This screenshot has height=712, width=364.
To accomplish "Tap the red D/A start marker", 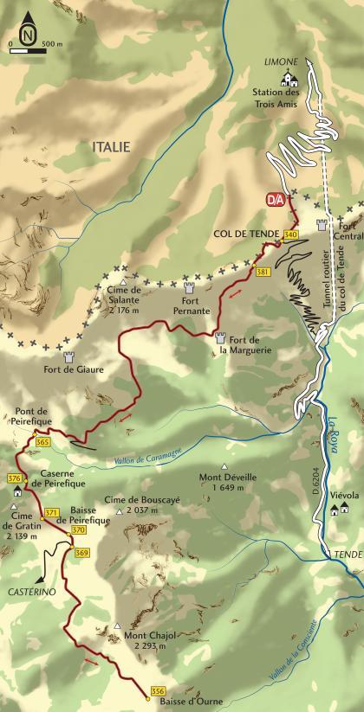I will point(275,200).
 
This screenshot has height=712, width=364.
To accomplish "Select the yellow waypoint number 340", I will point(290,234).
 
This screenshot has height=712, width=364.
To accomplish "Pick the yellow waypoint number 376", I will point(13,478).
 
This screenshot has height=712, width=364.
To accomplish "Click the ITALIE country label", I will point(110,148).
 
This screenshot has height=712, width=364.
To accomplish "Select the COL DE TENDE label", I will point(245,234).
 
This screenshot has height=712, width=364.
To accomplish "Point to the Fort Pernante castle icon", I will point(188,287).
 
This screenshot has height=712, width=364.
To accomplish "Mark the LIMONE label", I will point(283,61).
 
